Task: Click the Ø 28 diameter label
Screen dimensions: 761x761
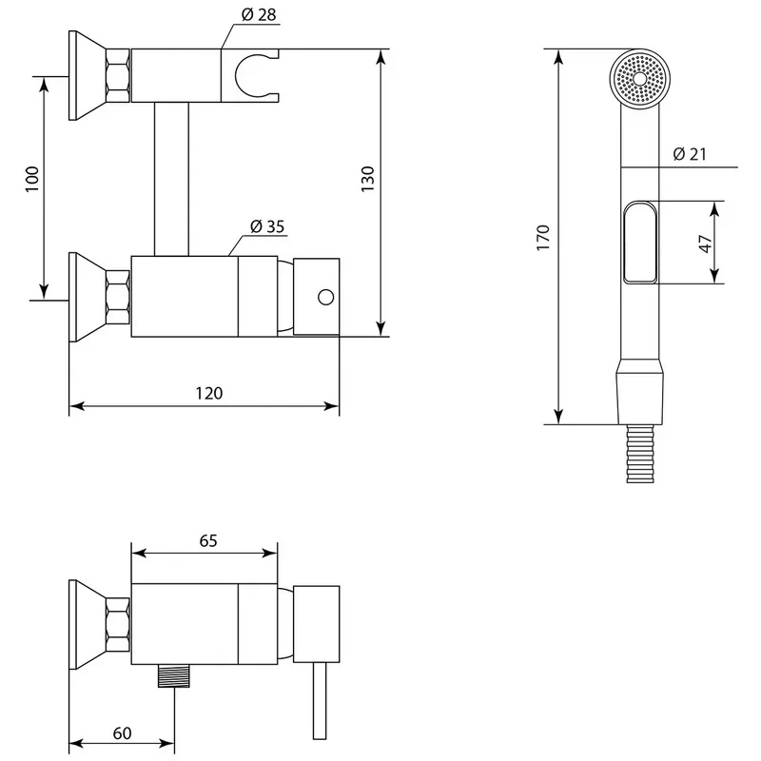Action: (259, 15)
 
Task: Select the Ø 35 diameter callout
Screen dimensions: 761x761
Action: (267, 226)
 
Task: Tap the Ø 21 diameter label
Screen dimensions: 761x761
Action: (690, 154)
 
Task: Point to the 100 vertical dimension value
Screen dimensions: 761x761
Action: (32, 179)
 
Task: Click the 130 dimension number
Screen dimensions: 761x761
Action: (368, 179)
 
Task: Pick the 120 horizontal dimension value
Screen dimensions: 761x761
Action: (208, 393)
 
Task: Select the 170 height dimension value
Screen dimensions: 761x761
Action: (543, 238)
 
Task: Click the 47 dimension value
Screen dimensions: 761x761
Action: (705, 244)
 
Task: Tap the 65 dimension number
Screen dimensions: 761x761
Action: (208, 540)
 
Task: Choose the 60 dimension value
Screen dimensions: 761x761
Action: (122, 733)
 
